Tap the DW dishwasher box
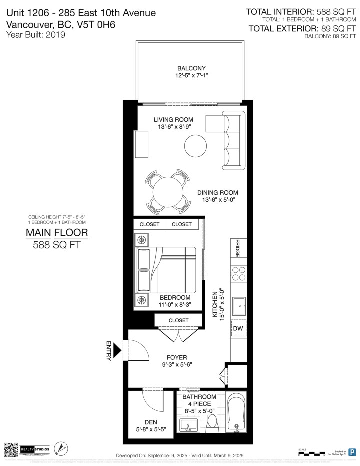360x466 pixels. [x=238, y=328]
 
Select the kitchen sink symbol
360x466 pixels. [x=238, y=303]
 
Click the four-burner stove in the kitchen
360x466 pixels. [x=238, y=273]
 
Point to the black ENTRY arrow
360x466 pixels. [x=118, y=350]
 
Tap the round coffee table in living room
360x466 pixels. [x=195, y=146]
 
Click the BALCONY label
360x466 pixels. [x=191, y=68]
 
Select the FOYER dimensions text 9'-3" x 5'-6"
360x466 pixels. [x=177, y=365]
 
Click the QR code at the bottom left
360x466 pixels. [x=11, y=449]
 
